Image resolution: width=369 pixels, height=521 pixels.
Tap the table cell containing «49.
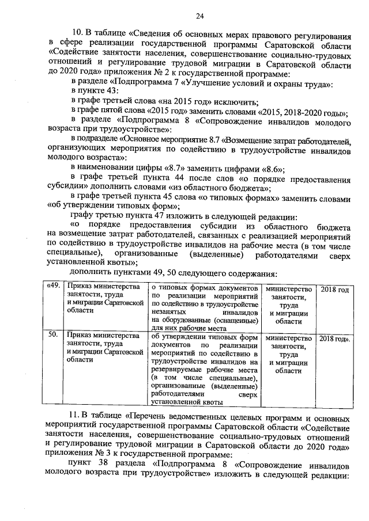click(x=53, y=288)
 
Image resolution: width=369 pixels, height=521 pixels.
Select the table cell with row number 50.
click(x=52, y=334)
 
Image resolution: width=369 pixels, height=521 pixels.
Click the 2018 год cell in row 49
click(x=334, y=288)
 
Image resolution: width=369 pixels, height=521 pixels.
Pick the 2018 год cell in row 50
click(x=335, y=334)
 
